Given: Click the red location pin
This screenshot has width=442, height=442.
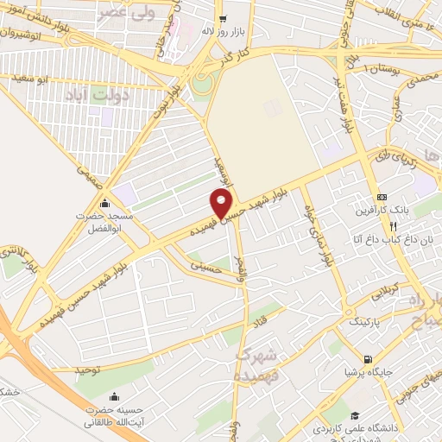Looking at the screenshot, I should pyautogui.click(x=222, y=205).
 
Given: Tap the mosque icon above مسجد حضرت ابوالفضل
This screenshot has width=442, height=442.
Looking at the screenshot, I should pyautogui.click(x=105, y=204).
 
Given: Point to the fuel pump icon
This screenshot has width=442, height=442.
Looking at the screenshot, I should pyautogui.click(x=369, y=359).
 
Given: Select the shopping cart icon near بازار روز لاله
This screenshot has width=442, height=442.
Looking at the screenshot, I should pyautogui.click(x=223, y=18).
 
